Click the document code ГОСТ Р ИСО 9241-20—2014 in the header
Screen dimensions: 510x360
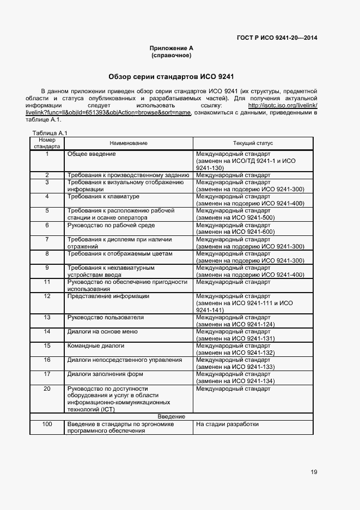click(277, 38)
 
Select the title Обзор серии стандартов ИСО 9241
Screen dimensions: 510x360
click(171, 77)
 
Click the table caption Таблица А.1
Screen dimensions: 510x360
click(49, 133)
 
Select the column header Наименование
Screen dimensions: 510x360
click(129, 143)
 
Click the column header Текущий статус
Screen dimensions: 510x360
click(253, 143)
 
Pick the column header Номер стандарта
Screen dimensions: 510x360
click(47, 143)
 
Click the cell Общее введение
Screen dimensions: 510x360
click(91, 154)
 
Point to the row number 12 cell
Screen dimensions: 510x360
click(47, 296)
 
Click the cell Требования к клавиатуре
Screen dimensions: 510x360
click(103, 196)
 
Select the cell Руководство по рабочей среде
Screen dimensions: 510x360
click(111, 225)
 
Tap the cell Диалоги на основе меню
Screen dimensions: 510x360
click(101, 331)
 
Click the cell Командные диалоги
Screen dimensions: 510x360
click(96, 345)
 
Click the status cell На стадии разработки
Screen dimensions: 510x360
click(227, 424)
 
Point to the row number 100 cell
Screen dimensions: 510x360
click(47, 424)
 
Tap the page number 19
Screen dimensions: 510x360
click(314, 472)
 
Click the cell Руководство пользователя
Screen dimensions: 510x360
click(106, 317)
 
